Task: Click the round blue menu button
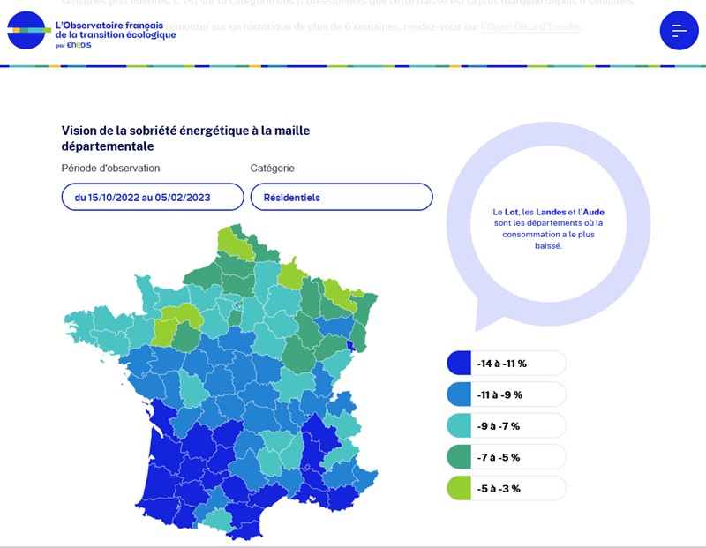[x=679, y=31]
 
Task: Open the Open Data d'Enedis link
[x=530, y=27]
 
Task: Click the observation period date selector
[x=153, y=198]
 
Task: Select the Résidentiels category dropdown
[x=342, y=198]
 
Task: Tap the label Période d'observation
[x=110, y=168]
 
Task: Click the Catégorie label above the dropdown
[x=272, y=168]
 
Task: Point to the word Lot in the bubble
[x=511, y=213]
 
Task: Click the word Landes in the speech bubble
[x=551, y=213]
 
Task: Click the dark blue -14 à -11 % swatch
[x=459, y=364]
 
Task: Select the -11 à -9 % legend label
[x=501, y=394]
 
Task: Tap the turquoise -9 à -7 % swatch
[x=459, y=425]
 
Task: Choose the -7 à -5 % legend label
[x=499, y=457]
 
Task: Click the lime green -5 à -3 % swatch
[x=459, y=488]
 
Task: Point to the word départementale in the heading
[x=108, y=146]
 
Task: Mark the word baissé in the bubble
[x=548, y=246]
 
